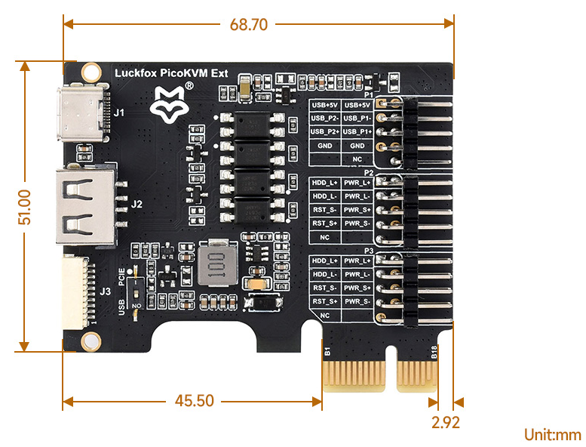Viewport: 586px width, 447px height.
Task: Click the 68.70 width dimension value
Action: point(249,24)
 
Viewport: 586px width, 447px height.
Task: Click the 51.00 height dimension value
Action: point(24,207)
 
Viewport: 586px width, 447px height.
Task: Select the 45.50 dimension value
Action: point(195,401)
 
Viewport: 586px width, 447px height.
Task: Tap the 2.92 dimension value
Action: point(446,422)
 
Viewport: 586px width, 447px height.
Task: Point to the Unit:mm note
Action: point(553,435)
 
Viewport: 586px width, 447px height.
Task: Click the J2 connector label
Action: point(137,204)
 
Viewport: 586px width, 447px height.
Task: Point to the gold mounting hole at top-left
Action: point(91,72)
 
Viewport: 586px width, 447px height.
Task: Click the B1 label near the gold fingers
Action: point(327,350)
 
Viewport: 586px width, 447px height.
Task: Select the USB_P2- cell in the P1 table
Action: point(325,119)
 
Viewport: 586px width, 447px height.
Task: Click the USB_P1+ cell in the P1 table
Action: point(357,132)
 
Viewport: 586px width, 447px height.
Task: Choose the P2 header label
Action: point(369,172)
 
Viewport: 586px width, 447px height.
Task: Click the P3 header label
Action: point(369,251)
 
